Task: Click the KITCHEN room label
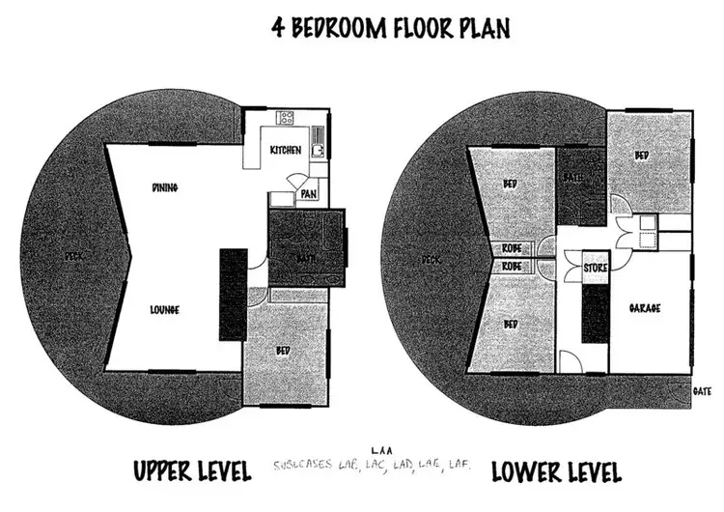click(285, 150)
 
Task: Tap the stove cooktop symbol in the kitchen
click(286, 119)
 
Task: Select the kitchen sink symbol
click(318, 151)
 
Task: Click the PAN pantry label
click(310, 194)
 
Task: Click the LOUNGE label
click(166, 310)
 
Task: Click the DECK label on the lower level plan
click(432, 259)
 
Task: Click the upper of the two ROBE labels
click(512, 248)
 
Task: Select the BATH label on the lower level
click(571, 176)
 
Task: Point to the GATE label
click(702, 391)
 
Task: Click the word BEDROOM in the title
click(337, 27)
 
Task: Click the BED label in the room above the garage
click(642, 156)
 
